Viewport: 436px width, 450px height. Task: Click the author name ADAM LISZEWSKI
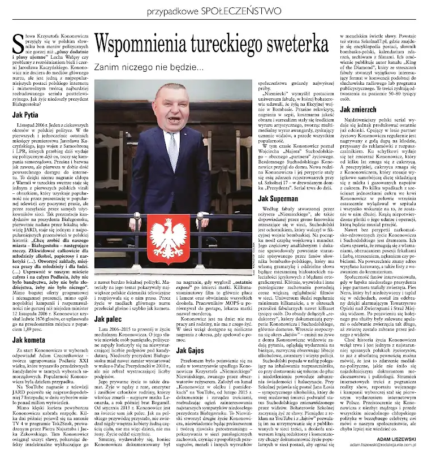coord(402,436)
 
